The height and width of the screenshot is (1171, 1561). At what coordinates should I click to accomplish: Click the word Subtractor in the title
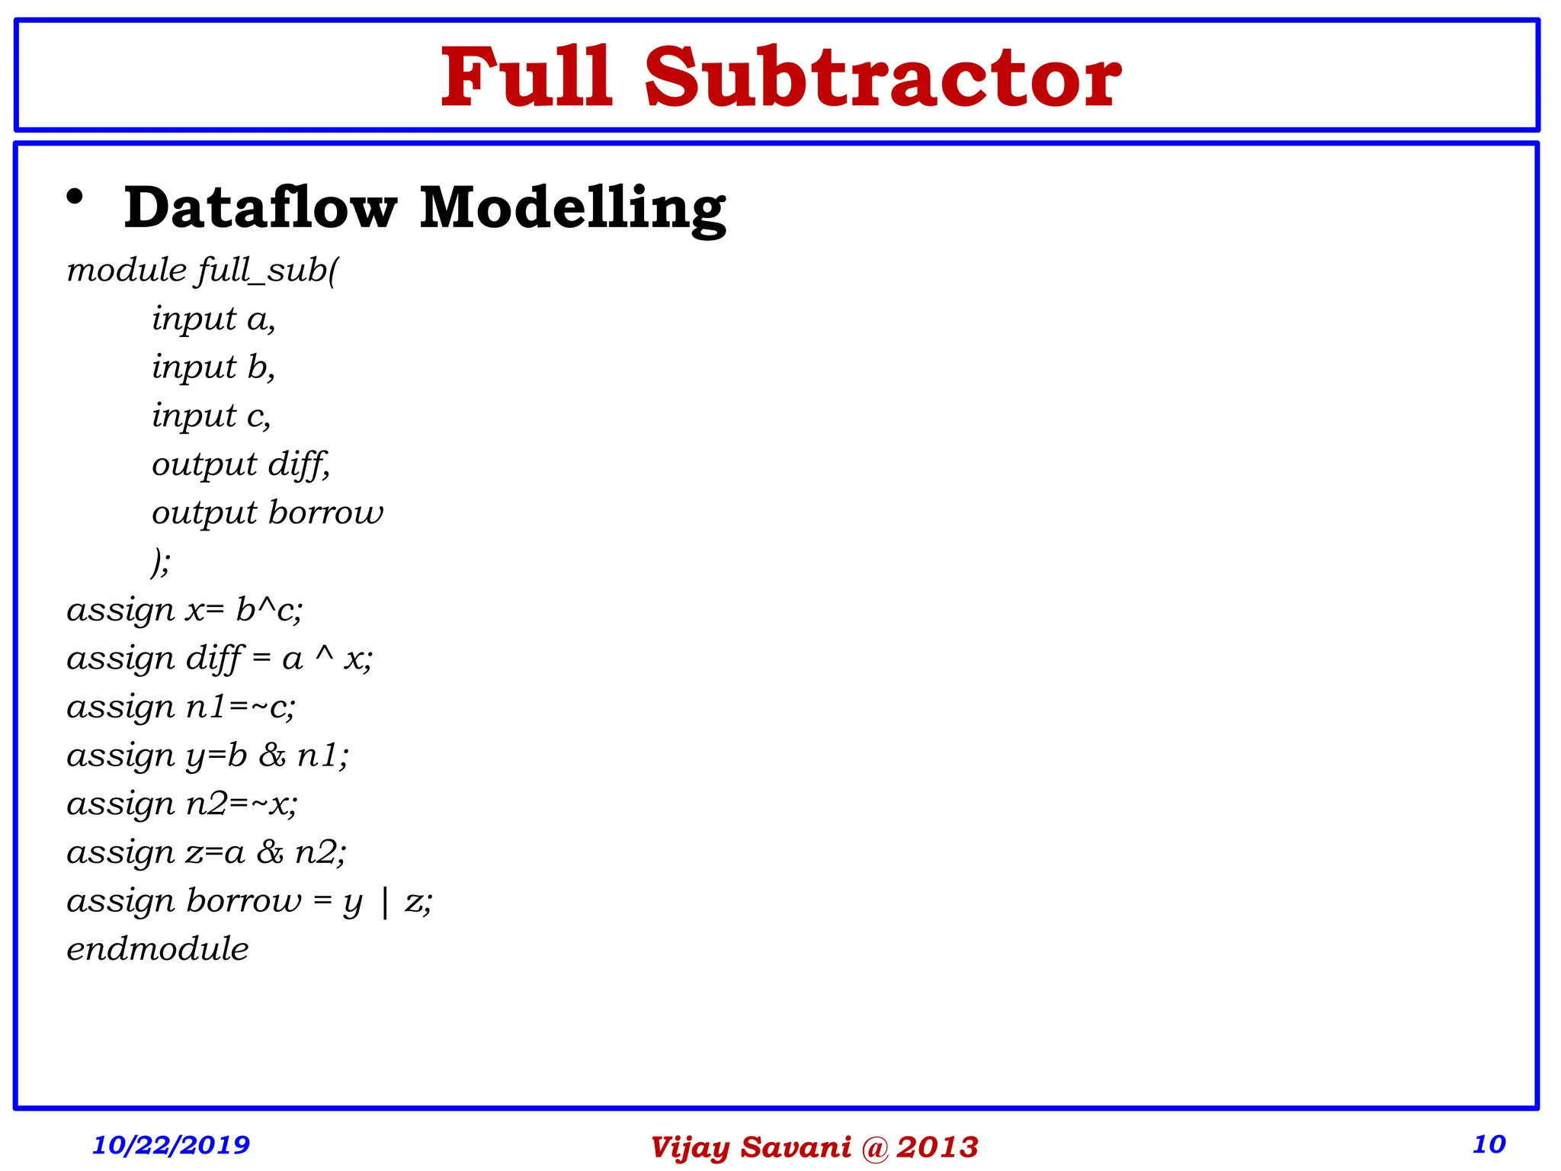point(883,78)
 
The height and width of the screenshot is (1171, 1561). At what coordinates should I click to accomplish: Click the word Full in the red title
point(527,78)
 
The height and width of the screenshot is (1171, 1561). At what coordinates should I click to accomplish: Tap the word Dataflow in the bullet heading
point(261,207)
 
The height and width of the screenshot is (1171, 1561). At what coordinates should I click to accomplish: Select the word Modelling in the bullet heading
point(572,207)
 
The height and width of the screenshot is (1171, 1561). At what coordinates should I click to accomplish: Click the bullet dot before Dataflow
point(75,197)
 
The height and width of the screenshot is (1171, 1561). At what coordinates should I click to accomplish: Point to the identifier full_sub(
point(267,271)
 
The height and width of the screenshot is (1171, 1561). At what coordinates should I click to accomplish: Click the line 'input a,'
point(213,319)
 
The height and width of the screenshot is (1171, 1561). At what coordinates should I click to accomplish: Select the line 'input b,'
point(213,367)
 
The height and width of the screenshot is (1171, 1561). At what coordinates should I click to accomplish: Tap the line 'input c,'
point(211,416)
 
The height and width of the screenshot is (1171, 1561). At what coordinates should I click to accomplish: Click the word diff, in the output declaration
point(299,464)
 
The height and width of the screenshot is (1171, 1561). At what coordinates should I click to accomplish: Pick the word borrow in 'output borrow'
point(326,512)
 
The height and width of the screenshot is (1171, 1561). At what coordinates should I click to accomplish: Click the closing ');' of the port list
point(161,562)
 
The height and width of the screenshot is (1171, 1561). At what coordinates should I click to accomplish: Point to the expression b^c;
point(269,610)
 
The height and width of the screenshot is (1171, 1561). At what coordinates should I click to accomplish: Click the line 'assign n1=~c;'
point(181,707)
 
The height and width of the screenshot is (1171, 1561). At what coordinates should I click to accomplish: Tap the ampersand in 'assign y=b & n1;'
point(272,756)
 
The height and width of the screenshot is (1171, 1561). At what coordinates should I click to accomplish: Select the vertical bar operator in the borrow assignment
point(384,903)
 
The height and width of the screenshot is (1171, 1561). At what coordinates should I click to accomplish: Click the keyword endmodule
point(158,950)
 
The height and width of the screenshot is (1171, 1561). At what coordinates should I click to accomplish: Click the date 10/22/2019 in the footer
point(171,1144)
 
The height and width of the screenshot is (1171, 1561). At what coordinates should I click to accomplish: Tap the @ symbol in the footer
point(875,1147)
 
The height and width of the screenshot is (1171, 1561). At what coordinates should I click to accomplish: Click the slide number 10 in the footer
point(1489,1144)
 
